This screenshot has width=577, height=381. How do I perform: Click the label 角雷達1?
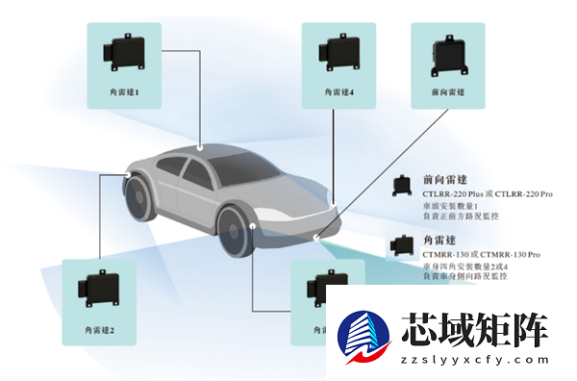125,92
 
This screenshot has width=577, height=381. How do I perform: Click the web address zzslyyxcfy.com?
475,360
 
